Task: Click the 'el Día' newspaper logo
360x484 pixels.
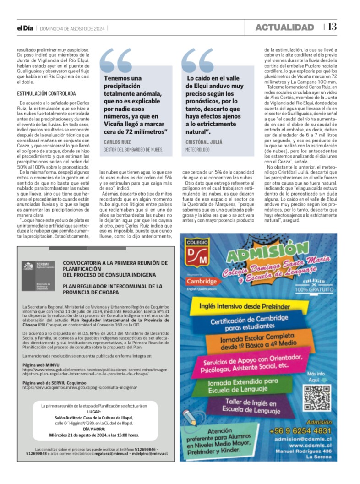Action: click(x=25, y=28)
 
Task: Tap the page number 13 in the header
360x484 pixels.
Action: click(x=332, y=27)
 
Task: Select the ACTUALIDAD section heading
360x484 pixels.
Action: click(x=284, y=27)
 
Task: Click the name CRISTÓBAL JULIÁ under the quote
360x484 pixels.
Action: click(x=204, y=142)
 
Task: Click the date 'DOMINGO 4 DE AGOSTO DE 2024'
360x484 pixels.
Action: click(x=73, y=28)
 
